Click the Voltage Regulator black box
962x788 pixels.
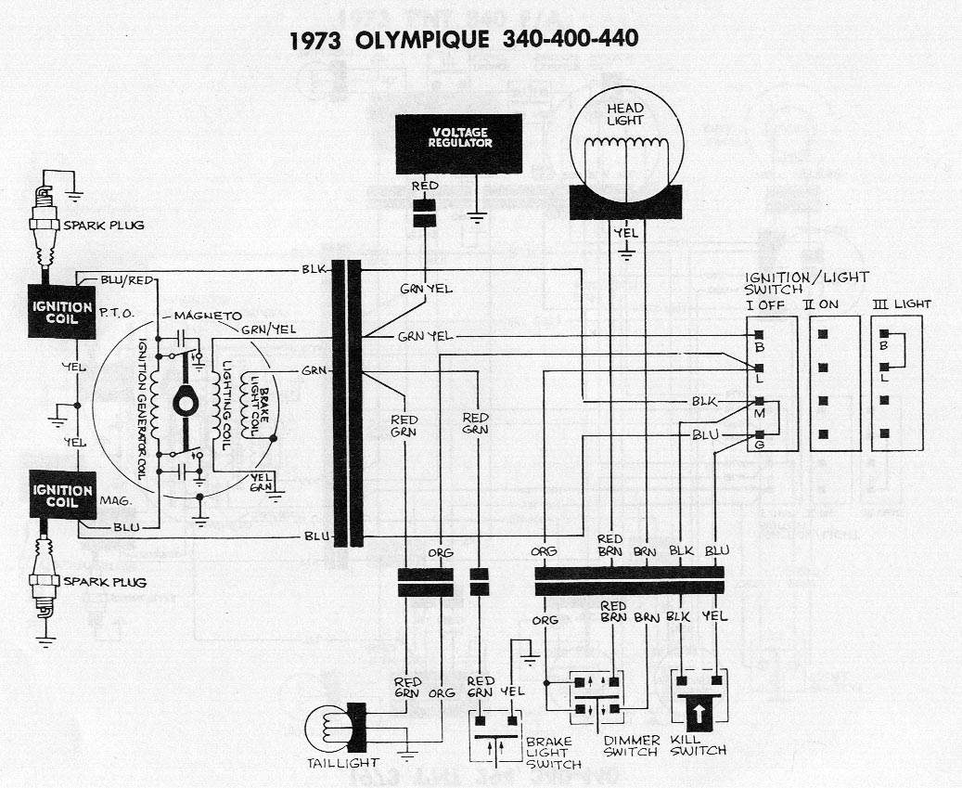pos(458,144)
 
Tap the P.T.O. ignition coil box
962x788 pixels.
pos(62,312)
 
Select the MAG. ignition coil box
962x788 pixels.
pos(62,495)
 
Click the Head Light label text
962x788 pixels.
pos(625,114)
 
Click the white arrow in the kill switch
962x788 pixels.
pos(699,714)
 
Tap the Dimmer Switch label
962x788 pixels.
pos(632,745)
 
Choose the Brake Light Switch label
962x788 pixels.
pos(553,753)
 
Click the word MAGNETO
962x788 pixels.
pos(208,316)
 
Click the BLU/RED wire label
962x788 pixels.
pos(127,280)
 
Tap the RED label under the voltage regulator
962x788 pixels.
pos(425,186)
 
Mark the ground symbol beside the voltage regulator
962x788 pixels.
pos(476,216)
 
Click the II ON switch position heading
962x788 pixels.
pos(820,304)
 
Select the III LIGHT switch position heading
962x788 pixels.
pos(902,304)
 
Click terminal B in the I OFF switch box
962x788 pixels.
pos(759,334)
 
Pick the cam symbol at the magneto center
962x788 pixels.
pos(186,403)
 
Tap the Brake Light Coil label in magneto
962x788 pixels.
pos(256,404)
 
